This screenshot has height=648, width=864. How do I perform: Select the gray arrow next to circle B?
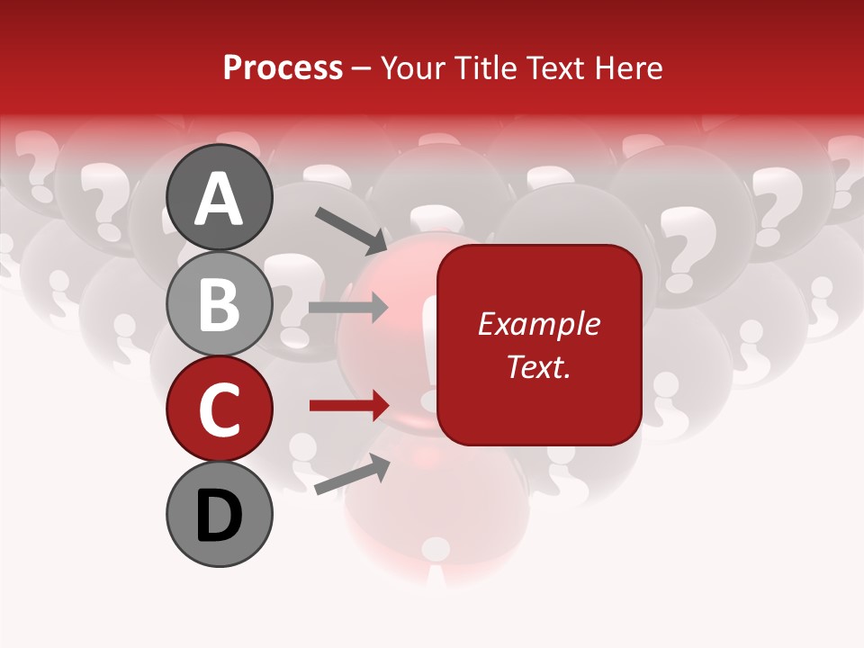pyautogui.click(x=348, y=308)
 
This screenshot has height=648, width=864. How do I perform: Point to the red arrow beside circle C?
pyautogui.click(x=348, y=406)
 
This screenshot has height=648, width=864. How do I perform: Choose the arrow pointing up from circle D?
pyautogui.click(x=352, y=474)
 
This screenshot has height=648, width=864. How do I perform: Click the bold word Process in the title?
pyautogui.click(x=283, y=67)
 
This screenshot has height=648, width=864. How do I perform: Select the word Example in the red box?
pyautogui.click(x=538, y=324)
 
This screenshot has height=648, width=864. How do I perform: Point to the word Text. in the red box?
pyautogui.click(x=538, y=366)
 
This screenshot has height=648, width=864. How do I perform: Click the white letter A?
pyautogui.click(x=220, y=199)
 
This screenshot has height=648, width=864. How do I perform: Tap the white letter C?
pyautogui.click(x=220, y=409)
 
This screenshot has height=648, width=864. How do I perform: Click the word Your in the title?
pyautogui.click(x=409, y=67)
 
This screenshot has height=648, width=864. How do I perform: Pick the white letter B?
pyautogui.click(x=220, y=304)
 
